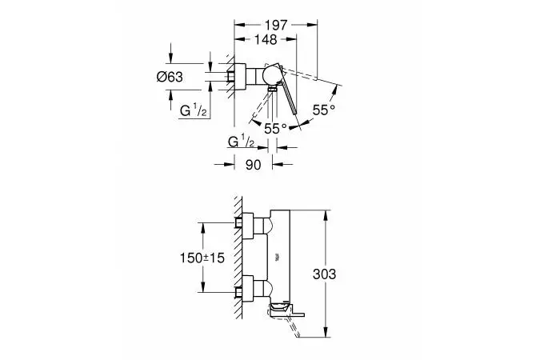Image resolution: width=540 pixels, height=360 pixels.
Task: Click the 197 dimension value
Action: coord(276,25)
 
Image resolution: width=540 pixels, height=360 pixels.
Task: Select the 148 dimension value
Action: coord(266,40)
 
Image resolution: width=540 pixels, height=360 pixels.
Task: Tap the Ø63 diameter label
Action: coord(170,77)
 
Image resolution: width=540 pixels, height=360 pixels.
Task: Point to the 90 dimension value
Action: coord(254,165)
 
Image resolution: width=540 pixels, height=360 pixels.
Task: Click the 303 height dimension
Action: coord(324,274)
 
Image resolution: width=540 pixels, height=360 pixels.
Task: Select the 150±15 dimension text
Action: coord(202,258)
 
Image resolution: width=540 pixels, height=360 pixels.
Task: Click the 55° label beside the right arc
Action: coord(324,110)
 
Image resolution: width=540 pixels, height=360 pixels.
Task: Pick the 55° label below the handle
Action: coord(275,129)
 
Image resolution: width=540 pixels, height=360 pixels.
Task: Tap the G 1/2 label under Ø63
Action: coord(194,111)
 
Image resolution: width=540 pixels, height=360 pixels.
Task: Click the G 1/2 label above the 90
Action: coord(241,142)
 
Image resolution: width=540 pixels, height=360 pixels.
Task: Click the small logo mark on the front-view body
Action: coord(277,257)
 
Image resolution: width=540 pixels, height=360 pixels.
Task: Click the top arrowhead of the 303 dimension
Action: coord(326,214)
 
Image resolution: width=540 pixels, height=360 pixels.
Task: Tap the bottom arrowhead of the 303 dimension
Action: coord(326,333)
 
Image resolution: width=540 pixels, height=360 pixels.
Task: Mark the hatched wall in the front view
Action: coord(238,258)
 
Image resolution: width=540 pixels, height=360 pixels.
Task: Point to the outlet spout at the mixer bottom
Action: coord(286,309)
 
